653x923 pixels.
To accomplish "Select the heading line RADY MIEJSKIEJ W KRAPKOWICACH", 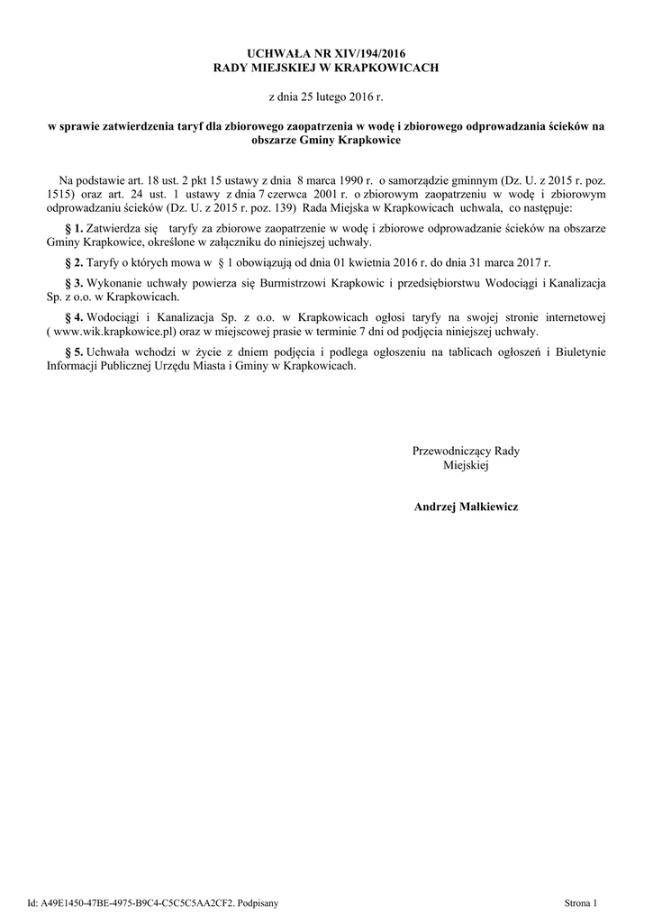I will point(326,68).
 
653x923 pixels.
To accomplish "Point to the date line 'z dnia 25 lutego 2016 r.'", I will point(326,96).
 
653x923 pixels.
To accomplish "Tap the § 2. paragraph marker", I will point(74,262).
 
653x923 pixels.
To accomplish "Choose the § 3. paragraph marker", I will point(74,283).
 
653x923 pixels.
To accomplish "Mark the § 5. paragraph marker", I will point(74,352).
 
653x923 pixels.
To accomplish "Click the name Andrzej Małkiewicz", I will point(466,507).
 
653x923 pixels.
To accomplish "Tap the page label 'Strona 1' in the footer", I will point(581,902).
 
